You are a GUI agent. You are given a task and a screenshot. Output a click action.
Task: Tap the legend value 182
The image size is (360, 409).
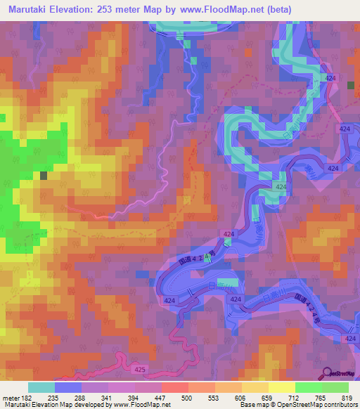22,397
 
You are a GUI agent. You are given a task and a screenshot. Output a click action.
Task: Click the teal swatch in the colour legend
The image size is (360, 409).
41,387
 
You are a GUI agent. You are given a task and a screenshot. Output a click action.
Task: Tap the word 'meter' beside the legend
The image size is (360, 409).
9,397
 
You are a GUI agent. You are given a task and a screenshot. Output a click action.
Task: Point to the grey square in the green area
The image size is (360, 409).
44,176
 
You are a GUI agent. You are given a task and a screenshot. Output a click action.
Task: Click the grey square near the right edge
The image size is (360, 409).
351,85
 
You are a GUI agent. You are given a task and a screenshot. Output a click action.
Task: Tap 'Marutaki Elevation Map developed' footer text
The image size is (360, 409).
49,405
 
